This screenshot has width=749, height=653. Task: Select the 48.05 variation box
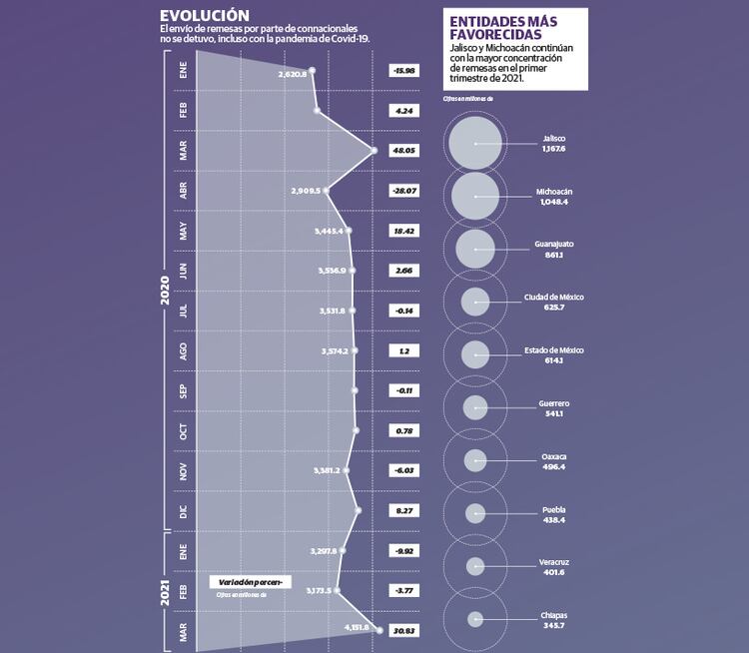pos(404,150)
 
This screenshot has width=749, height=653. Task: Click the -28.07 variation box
pos(404,190)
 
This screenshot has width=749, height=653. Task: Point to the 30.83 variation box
pos(404,630)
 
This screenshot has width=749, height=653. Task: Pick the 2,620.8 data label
pos(295,73)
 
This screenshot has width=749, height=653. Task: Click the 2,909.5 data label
pos(306,190)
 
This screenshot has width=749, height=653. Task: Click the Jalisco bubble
pos(475,143)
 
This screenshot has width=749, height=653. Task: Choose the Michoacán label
pos(553,190)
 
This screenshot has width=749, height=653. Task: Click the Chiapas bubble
pos(475,619)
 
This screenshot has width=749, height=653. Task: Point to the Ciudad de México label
pos(553,297)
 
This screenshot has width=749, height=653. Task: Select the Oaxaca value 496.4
pos(553,466)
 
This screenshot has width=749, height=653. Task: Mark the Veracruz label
pos(553,562)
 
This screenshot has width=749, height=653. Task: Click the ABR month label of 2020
pos(183,190)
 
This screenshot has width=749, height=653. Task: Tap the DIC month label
pos(183,511)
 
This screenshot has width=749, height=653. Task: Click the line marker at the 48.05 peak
pos(374,151)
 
